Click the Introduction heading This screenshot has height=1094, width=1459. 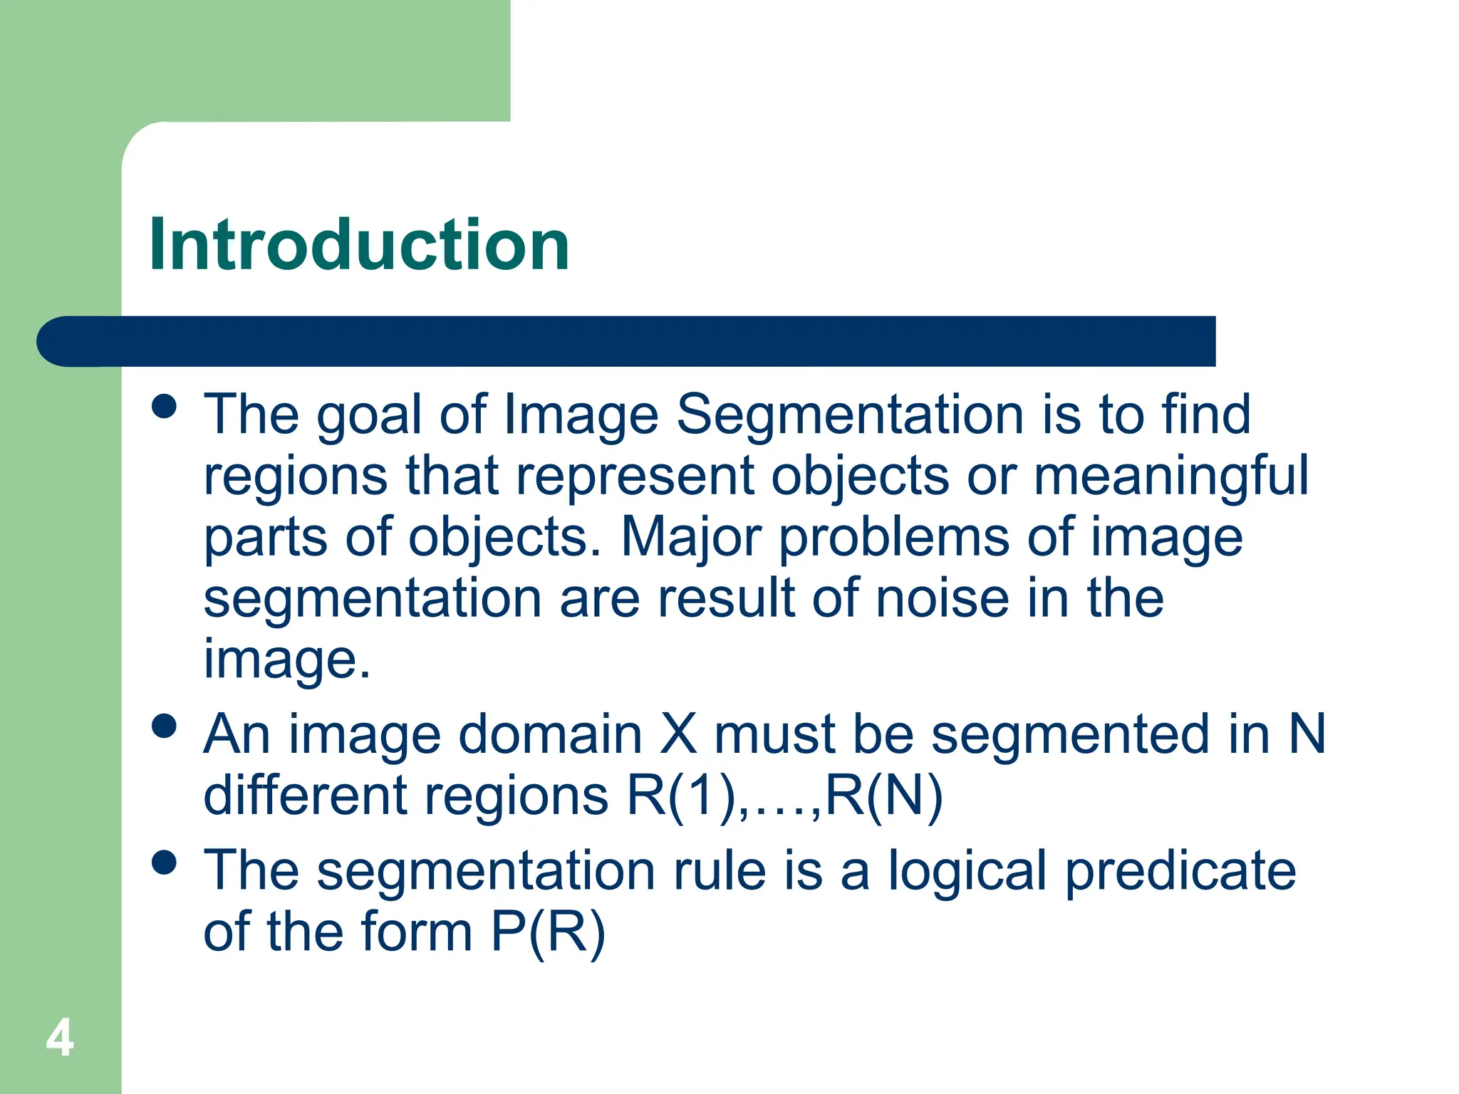359,245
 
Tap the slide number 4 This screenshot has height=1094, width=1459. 60,1038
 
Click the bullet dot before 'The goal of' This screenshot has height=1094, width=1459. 165,407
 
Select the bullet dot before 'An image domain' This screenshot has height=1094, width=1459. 165,726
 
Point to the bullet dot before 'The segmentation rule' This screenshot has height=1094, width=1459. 165,863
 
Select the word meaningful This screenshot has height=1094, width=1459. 1170,477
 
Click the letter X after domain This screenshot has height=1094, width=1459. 677,734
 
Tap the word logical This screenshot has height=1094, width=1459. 967,872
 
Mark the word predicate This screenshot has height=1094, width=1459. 1180,872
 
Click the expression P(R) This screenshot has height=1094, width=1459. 548,932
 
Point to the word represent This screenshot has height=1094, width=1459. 635,477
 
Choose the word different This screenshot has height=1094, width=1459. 305,795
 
